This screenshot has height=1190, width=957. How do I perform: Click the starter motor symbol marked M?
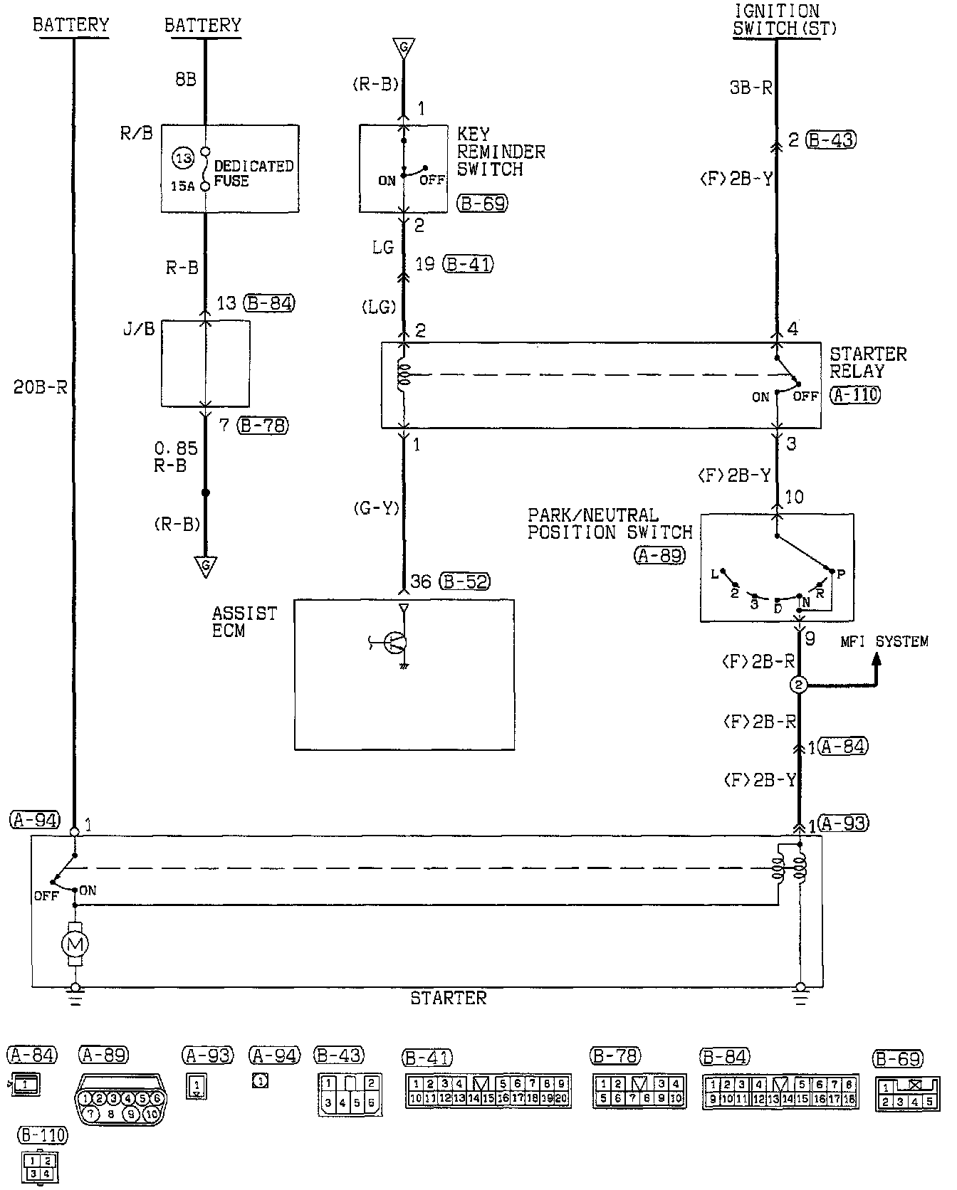coord(75,944)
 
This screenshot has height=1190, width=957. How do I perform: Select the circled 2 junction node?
coord(798,685)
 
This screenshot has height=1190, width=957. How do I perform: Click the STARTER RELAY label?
coord(868,362)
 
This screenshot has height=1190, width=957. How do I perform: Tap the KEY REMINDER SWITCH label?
coord(501,152)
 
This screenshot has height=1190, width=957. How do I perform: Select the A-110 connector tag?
coord(854,395)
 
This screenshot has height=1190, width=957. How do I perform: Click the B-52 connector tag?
coord(465,581)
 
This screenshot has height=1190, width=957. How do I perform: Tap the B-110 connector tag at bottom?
coord(43,1134)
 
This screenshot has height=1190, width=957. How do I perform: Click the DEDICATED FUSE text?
coord(253,173)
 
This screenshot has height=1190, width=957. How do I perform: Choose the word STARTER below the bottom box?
coord(449,998)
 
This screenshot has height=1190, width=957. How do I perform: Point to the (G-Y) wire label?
coord(376,508)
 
